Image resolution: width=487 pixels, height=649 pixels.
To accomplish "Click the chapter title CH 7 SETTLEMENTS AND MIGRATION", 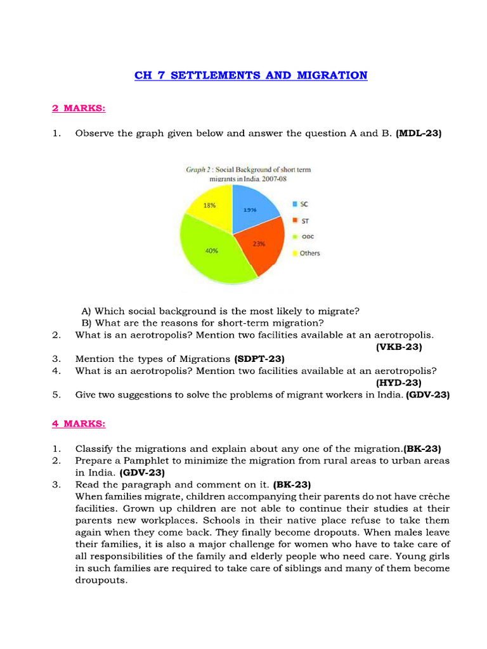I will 250,75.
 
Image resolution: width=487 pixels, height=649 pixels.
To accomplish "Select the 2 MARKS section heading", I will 79,108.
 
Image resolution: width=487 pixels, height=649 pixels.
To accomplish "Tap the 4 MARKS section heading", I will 79,423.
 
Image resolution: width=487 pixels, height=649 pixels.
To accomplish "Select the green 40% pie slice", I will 209,254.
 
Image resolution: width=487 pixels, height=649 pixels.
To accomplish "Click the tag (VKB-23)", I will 398,347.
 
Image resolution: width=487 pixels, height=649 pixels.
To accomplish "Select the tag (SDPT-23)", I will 260,359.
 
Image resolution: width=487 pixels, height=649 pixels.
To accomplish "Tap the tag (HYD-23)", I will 398,382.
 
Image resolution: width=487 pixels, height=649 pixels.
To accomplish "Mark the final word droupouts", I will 101,580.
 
